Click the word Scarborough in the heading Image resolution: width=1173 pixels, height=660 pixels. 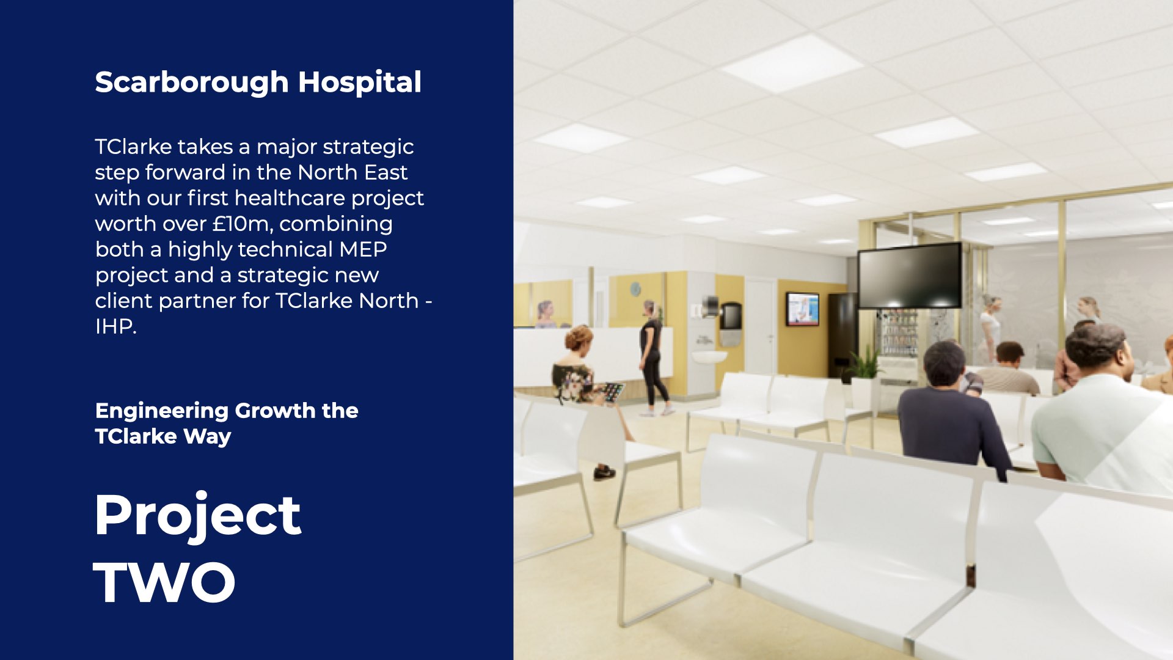tap(191, 83)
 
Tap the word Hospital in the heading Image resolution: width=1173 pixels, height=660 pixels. tap(360, 83)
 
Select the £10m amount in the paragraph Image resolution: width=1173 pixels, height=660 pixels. tap(241, 224)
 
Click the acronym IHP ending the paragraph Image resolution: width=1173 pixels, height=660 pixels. tap(115, 326)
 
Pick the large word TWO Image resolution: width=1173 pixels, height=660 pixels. tap(164, 582)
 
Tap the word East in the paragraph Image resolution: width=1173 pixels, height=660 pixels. tap(386, 172)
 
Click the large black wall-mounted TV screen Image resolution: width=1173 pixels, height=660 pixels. tap(910, 276)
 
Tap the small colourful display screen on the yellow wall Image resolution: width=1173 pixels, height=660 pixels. tap(802, 309)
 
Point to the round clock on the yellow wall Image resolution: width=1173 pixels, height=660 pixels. tap(635, 288)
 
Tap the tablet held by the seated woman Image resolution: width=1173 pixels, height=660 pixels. tap(613, 392)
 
